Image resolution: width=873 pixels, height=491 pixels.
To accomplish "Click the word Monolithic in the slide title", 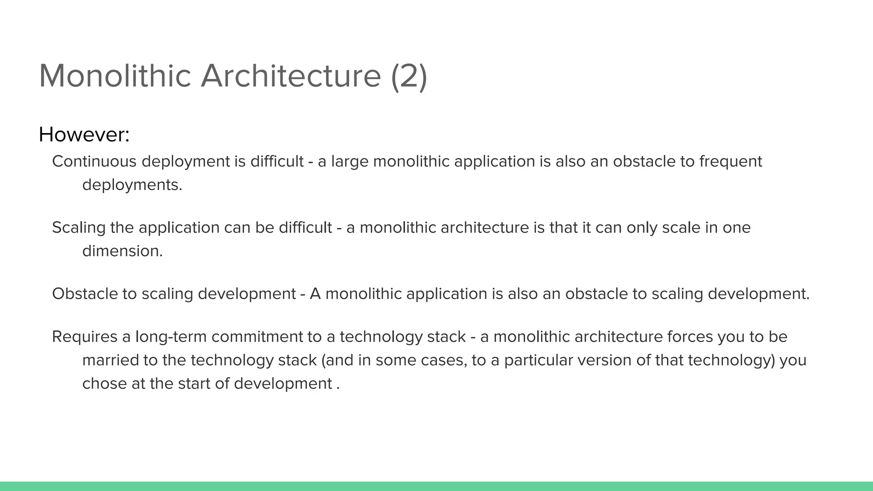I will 115,76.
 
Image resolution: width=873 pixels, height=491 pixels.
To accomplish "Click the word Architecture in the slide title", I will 291,76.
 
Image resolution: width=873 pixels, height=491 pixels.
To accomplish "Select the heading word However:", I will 84,135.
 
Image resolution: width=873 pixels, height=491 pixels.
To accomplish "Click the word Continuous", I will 94,162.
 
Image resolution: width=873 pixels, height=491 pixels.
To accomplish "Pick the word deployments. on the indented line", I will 132,185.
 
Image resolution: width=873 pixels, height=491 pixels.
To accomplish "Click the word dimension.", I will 122,251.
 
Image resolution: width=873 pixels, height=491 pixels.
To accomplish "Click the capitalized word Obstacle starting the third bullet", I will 85,294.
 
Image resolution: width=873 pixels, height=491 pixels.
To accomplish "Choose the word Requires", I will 84,337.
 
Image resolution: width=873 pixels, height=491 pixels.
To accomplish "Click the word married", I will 110,360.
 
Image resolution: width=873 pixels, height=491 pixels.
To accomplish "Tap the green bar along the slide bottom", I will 436,486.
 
